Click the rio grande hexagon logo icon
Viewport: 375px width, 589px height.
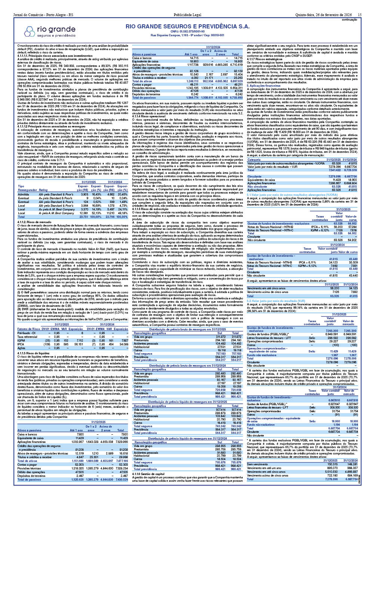(x=29, y=31)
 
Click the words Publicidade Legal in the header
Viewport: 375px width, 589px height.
(x=187, y=15)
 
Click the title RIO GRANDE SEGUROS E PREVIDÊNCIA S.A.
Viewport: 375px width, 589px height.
(x=187, y=27)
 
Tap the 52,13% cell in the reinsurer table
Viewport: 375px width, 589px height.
(x=96, y=213)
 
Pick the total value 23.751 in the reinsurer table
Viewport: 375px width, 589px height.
(x=83, y=217)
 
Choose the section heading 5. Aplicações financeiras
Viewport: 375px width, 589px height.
(x=261, y=86)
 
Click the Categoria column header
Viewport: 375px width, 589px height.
(x=254, y=160)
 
